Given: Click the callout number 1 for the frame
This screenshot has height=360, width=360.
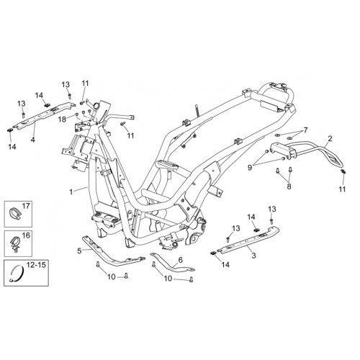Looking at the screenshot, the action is tap(71, 192).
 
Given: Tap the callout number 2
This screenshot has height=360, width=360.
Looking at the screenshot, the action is tap(330, 138).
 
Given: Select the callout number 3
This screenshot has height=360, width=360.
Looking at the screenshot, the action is tap(253, 256).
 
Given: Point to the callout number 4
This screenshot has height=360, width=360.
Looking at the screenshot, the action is tap(32, 140).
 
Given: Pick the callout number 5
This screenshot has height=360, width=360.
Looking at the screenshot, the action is tap(79, 251).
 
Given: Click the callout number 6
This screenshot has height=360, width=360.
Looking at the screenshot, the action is tap(181, 260).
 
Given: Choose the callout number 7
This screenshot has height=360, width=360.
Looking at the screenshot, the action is tap(305, 130).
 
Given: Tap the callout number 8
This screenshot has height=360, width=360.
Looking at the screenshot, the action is tap(289, 186).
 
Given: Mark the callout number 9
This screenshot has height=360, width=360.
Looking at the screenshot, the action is tap(250, 168).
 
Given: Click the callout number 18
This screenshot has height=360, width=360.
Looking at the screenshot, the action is tap(62, 120).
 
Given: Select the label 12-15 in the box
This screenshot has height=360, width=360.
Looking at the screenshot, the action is tap(36, 265).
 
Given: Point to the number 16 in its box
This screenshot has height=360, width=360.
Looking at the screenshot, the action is tap(26, 235).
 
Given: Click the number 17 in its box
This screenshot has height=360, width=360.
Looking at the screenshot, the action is tap(26, 206).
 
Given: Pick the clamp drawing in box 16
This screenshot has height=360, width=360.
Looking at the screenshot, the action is tap(15, 244).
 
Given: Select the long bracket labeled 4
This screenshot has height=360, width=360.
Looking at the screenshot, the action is tap(43, 115).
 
